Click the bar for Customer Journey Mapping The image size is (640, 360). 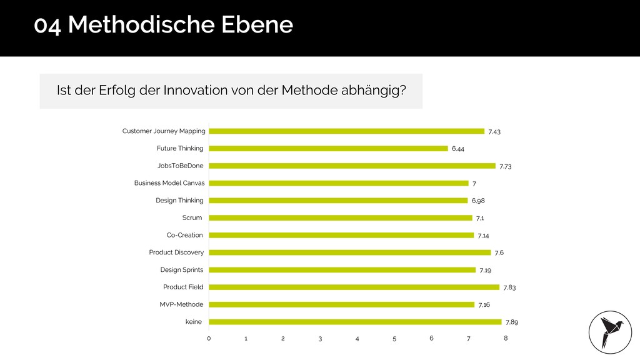(x=346, y=131)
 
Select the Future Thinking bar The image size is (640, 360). (x=328, y=149)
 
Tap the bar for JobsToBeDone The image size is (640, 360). (x=352, y=166)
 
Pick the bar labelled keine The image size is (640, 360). (x=355, y=322)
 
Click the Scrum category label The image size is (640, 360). (x=192, y=217)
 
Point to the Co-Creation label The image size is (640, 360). (x=184, y=235)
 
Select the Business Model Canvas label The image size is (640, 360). (x=169, y=183)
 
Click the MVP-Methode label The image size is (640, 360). (x=181, y=304)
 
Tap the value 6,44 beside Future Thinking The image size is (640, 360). (x=458, y=149)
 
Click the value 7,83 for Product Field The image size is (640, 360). (x=509, y=287)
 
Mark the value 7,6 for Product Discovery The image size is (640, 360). (x=499, y=252)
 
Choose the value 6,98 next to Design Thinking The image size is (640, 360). (x=478, y=201)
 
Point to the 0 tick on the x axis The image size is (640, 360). (x=209, y=338)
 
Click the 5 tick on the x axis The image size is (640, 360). (x=394, y=338)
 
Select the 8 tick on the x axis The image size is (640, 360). (x=506, y=338)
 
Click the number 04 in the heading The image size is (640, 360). (x=48, y=26)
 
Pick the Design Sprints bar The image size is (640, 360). (x=342, y=270)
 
